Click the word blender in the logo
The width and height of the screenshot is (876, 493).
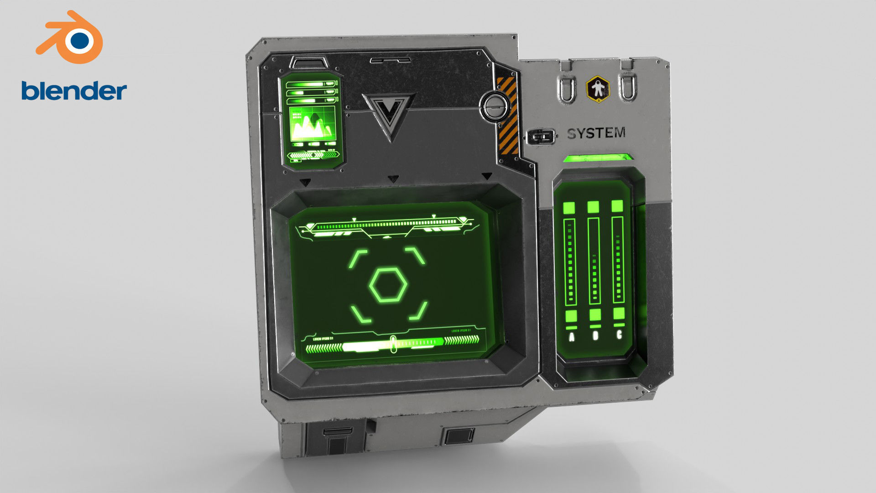[74, 91]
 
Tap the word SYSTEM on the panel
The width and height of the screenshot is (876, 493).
[596, 133]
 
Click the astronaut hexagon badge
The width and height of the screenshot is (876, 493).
[597, 89]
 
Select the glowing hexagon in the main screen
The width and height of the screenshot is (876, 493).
[388, 285]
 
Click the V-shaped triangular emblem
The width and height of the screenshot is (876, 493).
[389, 114]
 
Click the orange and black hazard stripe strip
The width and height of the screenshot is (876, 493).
[507, 115]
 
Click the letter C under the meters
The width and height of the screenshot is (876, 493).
[619, 335]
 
